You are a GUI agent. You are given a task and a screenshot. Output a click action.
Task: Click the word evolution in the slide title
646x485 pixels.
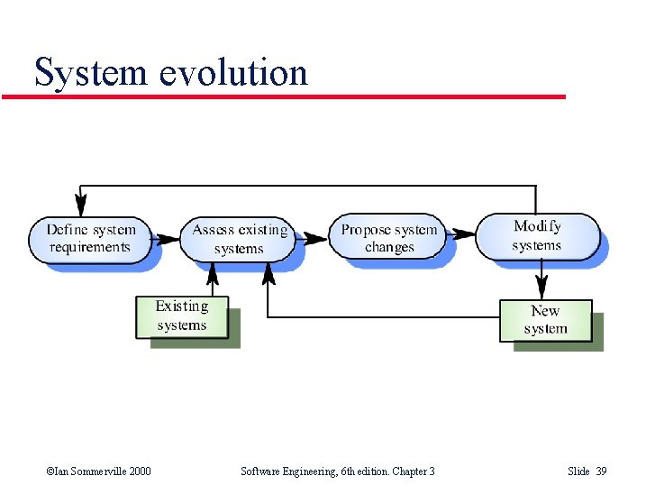pyautogui.click(x=233, y=72)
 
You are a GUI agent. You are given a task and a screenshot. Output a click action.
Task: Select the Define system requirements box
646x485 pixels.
pyautogui.click(x=90, y=238)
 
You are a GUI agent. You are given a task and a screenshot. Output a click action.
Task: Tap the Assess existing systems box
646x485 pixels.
pyautogui.click(x=239, y=239)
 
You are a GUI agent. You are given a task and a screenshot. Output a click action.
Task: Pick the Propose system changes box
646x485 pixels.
pyautogui.click(x=389, y=238)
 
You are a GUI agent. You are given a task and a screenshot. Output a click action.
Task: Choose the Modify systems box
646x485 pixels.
pyautogui.click(x=537, y=235)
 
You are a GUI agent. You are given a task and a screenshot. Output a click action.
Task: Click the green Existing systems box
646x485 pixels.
pyautogui.click(x=182, y=316)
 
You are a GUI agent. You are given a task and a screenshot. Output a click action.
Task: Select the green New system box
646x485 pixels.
pyautogui.click(x=545, y=320)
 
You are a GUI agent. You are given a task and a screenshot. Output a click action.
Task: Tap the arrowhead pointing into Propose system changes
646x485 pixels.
pyautogui.click(x=318, y=238)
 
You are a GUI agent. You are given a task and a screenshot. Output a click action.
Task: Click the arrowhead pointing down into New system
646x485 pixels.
pyautogui.click(x=541, y=290)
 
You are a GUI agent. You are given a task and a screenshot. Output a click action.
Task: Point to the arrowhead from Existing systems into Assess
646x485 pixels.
pyautogui.click(x=212, y=271)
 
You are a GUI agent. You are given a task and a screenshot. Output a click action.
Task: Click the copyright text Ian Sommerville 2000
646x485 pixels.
pyautogui.click(x=98, y=471)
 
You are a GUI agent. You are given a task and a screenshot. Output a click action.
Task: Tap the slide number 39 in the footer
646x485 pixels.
pyautogui.click(x=601, y=471)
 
